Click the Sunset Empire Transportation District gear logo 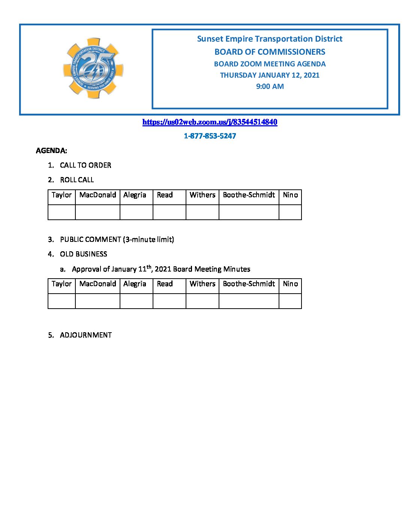point(93,68)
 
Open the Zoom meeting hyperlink point(210,122)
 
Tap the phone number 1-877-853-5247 point(210,136)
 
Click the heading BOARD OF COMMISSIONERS point(270,52)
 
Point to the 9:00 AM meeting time point(270,86)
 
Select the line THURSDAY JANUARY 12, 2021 point(270,75)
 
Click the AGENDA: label point(51,151)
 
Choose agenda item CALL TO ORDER point(85,165)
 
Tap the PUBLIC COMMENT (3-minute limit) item point(117,239)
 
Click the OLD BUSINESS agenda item point(83,254)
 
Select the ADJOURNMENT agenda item point(85,335)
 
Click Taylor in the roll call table point(61,195)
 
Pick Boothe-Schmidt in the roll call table point(249,195)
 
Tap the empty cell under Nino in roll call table point(290,212)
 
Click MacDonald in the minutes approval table point(97,284)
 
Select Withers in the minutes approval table point(202,284)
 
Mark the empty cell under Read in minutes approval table point(169,301)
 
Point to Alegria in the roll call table point(135,195)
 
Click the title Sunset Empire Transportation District point(270,39)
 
